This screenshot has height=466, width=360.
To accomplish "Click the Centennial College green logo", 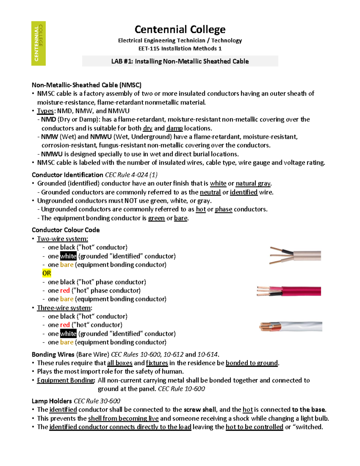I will (x=38, y=43).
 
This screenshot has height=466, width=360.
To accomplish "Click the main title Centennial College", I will (x=180, y=29).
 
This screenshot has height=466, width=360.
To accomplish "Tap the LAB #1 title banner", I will (x=180, y=61).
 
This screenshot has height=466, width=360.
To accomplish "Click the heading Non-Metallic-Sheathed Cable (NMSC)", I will (x=86, y=85).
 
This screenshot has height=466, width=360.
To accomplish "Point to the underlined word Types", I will (x=45, y=111).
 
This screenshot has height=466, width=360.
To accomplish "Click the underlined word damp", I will (x=174, y=128).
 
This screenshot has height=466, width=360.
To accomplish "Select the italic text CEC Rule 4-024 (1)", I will (x=131, y=175).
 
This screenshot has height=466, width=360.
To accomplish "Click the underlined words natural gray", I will (x=253, y=183).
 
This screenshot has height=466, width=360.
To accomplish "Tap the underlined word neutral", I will (x=210, y=192).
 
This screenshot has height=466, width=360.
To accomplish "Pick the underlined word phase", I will (x=223, y=209).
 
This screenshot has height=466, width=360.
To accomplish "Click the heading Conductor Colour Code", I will (x=66, y=230).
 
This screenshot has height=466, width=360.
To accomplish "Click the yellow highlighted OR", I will (x=46, y=273).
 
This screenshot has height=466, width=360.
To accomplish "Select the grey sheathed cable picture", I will (x=295, y=256).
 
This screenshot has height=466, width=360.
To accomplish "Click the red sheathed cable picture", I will (x=289, y=291).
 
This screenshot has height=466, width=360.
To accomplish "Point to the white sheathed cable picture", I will (x=291, y=326).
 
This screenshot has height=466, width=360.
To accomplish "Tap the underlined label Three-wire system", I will (x=64, y=308).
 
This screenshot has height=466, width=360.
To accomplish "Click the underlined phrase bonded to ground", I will (x=252, y=363).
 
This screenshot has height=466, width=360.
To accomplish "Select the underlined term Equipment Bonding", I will (x=66, y=380).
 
